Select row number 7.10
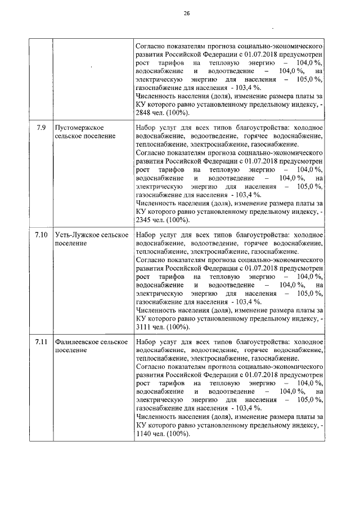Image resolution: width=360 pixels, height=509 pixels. point(40,235)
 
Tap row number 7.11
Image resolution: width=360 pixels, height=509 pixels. point(40,341)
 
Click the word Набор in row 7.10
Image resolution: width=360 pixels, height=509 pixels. point(147,235)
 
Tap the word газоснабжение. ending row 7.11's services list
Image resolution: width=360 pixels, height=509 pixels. point(274,358)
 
